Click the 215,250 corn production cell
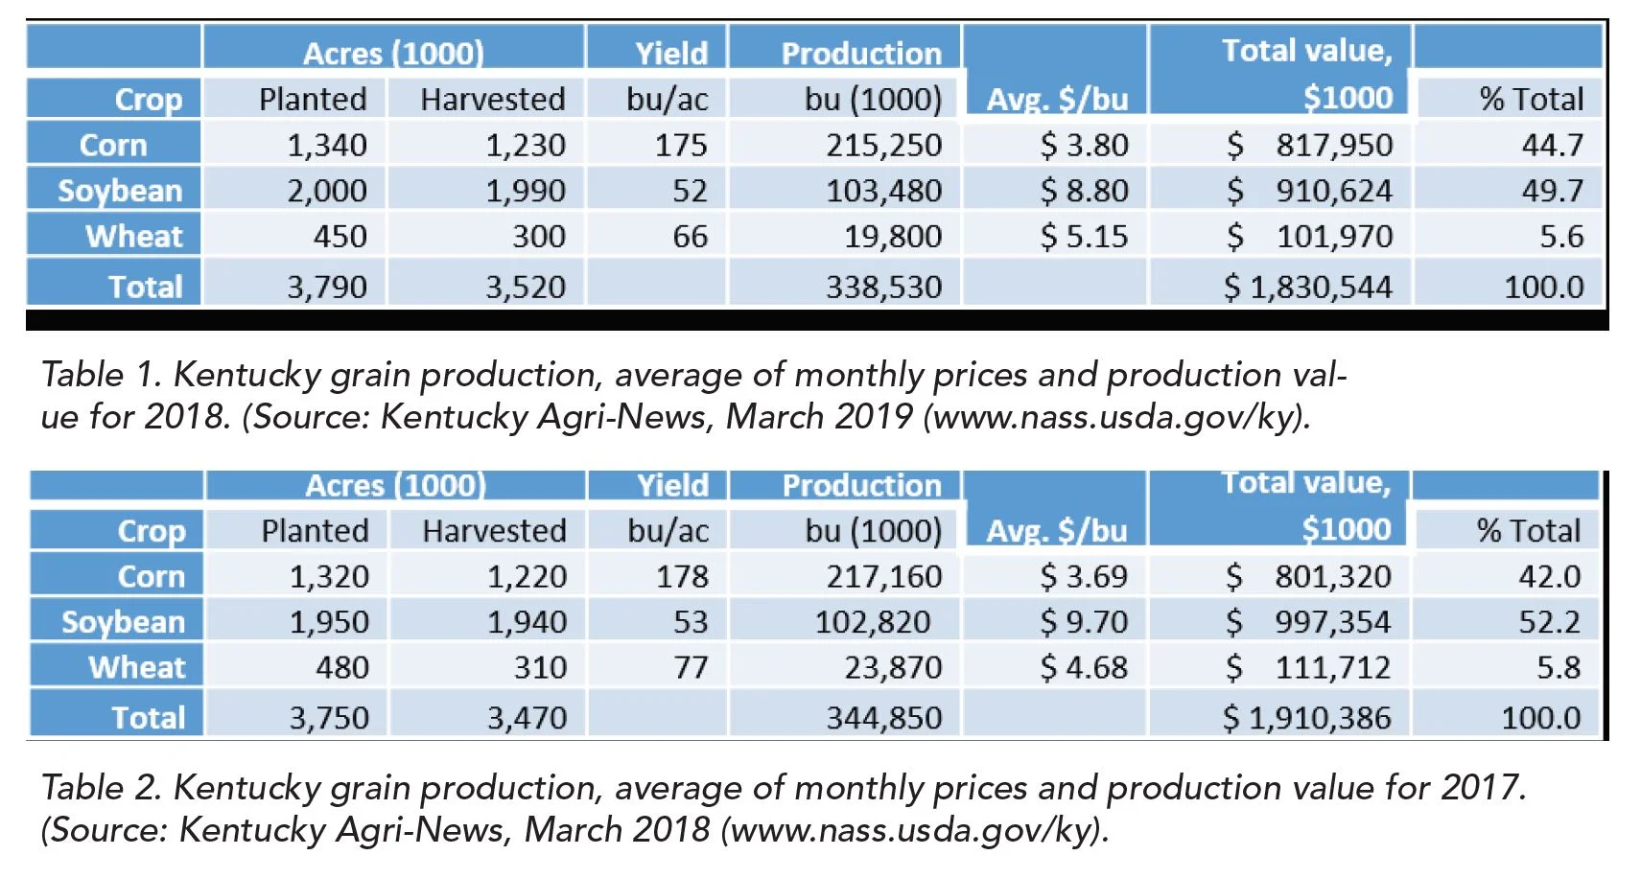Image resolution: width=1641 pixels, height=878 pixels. tap(883, 145)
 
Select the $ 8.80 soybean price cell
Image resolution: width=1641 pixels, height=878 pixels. tap(1084, 191)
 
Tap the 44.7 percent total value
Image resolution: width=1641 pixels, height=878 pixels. tap(1552, 145)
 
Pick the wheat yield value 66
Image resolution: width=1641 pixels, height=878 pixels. tap(690, 236)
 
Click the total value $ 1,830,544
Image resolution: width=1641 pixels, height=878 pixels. tap(1307, 287)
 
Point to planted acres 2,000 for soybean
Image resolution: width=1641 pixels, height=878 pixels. tap(327, 191)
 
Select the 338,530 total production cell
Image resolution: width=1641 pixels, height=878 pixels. tap(883, 287)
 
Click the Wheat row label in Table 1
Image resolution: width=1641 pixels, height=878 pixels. tap(133, 236)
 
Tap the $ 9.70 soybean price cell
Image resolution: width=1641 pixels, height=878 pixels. tap(1084, 622)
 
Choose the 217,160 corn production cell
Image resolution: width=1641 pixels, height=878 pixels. tap(883, 576)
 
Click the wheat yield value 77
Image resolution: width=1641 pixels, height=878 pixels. tap(691, 667)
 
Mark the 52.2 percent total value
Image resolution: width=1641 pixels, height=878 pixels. tap(1549, 622)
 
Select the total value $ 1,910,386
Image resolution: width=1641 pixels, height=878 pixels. tap(1306, 717)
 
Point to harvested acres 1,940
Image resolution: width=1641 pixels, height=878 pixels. tap(527, 622)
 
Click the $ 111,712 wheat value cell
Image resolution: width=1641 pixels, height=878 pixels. tap(1308, 667)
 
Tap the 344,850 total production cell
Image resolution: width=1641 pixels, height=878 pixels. tap(883, 717)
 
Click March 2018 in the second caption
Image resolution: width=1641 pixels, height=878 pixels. tap(617, 829)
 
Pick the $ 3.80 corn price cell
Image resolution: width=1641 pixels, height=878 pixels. tap(1084, 145)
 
